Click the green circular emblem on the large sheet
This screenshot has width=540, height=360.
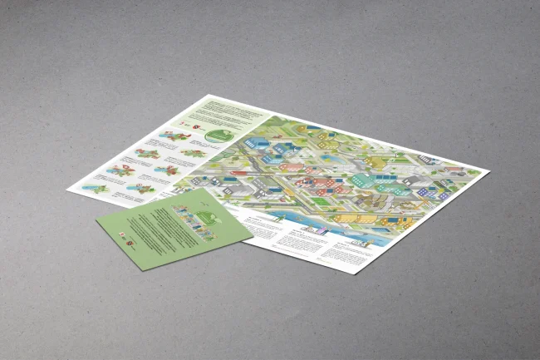pyautogui.click(x=219, y=135)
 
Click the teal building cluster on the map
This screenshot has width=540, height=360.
pyautogui.click(x=363, y=179)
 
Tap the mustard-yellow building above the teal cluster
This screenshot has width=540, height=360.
pyautogui.click(x=376, y=160)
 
